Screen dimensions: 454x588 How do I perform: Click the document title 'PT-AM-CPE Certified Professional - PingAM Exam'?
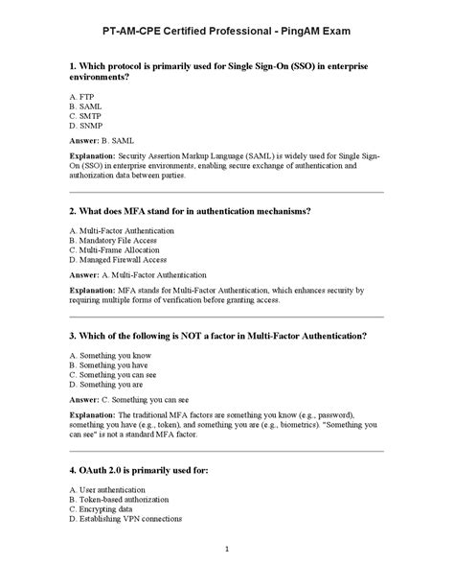click(227, 31)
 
